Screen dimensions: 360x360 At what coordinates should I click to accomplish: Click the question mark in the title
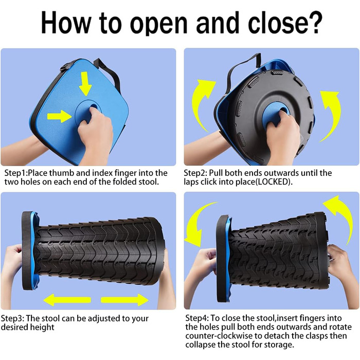coord(312,23)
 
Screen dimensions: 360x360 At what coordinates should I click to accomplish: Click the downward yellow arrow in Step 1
coord(86,83)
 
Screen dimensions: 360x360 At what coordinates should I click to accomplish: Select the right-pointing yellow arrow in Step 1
coord(59,116)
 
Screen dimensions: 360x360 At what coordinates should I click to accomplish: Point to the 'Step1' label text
coord(15,173)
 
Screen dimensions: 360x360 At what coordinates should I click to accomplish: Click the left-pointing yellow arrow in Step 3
coord(67,300)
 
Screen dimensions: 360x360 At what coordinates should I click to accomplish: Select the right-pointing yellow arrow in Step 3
coord(124,300)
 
